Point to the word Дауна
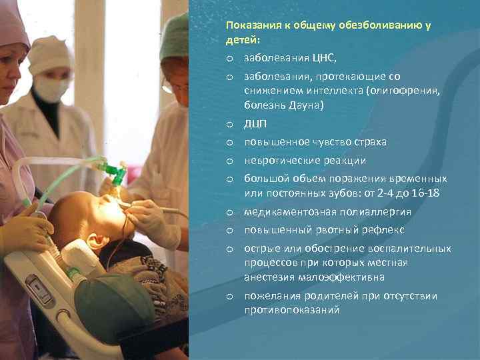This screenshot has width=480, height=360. (x=305, y=105)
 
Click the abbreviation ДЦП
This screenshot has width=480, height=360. (x=255, y=124)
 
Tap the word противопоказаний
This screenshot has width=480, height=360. (x=292, y=310)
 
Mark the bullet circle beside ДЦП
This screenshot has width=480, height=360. (x=229, y=125)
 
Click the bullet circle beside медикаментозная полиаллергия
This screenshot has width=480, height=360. (x=229, y=213)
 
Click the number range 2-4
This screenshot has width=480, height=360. (x=379, y=193)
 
